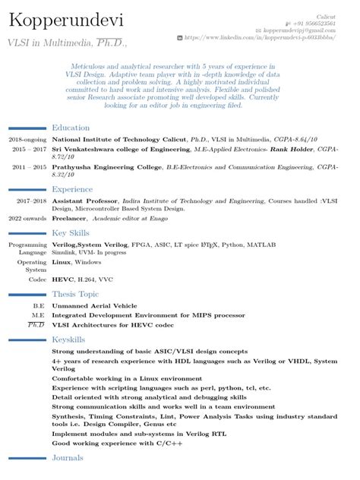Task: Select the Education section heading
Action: coord(70,128)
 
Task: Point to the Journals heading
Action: coord(68,459)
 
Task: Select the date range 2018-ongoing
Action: coord(27,141)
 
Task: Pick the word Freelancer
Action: coord(70,218)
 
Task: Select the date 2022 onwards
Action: coord(26,218)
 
